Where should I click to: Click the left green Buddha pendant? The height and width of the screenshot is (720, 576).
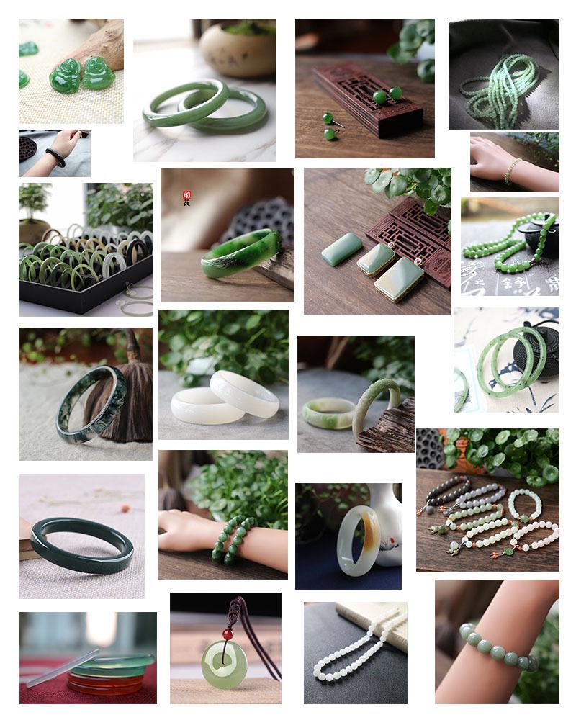[65, 76]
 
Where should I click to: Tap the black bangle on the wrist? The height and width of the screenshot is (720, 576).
[55, 156]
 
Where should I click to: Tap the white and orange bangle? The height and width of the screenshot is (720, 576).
[359, 540]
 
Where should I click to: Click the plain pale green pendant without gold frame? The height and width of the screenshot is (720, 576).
[342, 249]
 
